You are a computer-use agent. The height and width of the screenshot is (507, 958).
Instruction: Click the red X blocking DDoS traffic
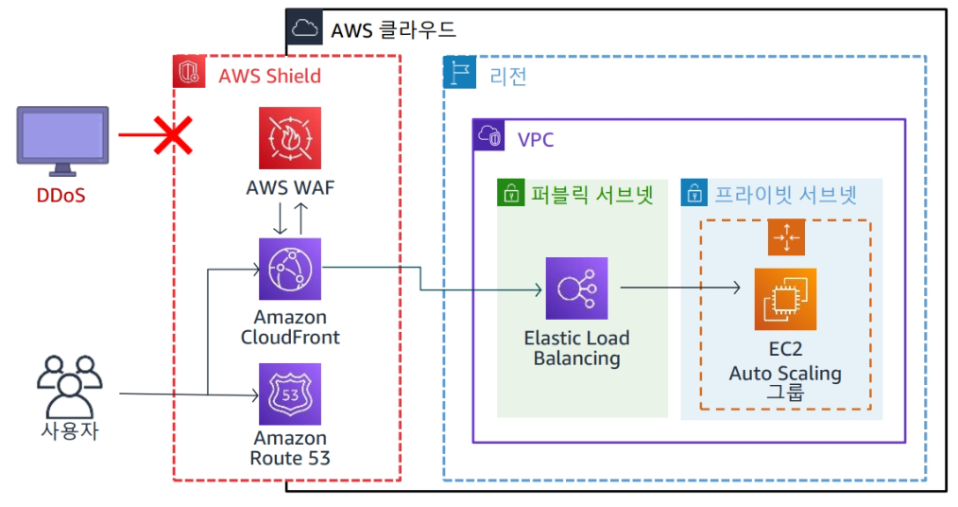pos(171,135)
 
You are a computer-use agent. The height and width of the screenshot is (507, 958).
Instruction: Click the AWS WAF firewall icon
pos(290,138)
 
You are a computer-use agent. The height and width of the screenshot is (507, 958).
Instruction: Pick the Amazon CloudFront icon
pos(290,269)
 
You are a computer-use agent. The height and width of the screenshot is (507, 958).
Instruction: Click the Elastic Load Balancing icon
pos(576,288)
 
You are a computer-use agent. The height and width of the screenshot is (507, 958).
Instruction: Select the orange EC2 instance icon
pos(785,299)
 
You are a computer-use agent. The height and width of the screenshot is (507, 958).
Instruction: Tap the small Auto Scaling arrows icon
pos(785,237)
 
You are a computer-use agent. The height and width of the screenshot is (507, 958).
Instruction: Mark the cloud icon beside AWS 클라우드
pos(303,27)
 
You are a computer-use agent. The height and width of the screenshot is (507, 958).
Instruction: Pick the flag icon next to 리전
pos(459,72)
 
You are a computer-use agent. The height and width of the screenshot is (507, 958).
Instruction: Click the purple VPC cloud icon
pos(490,136)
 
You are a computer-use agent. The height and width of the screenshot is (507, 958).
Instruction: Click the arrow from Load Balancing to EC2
pos(679,286)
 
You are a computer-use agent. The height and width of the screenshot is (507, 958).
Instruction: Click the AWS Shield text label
pos(269,76)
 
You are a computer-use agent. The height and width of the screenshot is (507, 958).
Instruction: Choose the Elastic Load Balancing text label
pos(576,348)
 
